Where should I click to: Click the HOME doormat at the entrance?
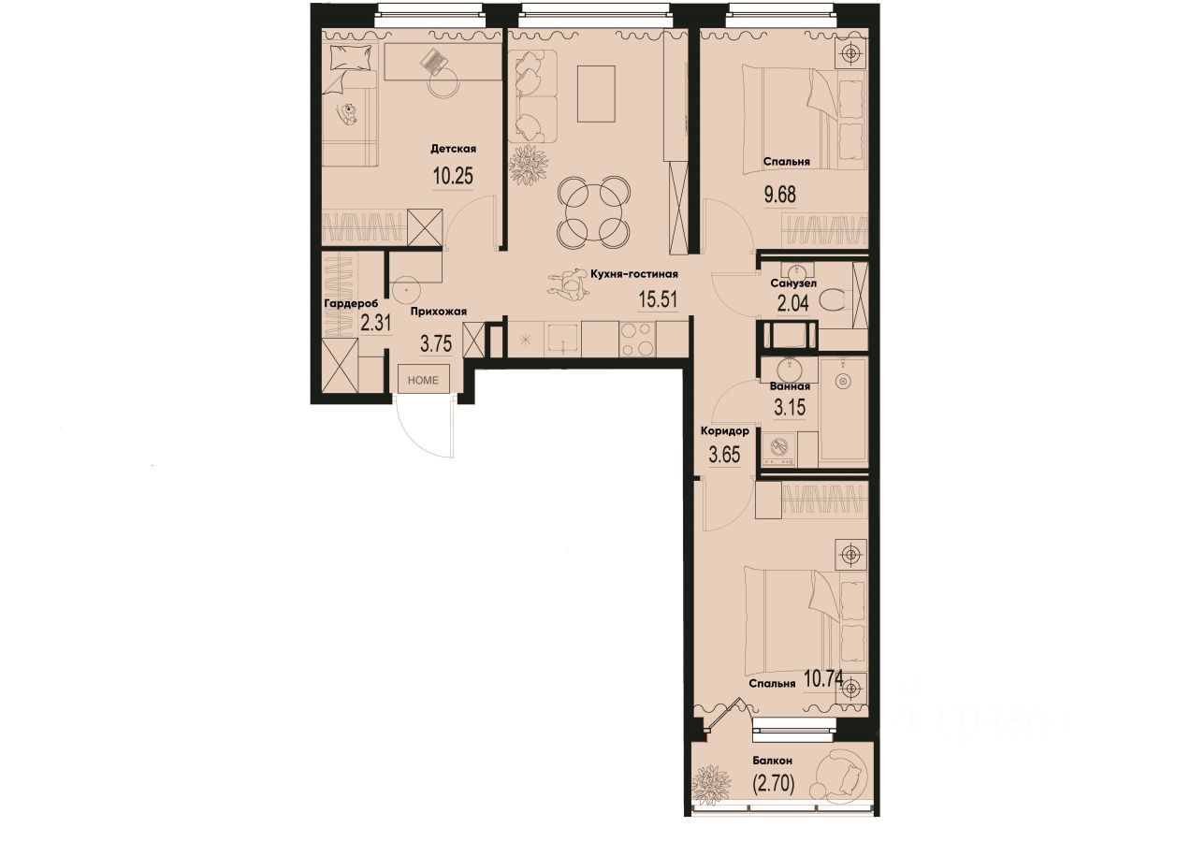pos(425,379)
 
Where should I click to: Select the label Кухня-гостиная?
pos(632,274)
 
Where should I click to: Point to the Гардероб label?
pos(351,304)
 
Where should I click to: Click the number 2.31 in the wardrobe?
pos(374,324)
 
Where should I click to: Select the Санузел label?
pos(793,283)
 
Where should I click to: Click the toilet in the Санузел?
pos(835,301)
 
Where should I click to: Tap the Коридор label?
pos(724,431)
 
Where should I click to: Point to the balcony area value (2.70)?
pos(773,785)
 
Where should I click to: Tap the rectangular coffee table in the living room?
pos(596,94)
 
